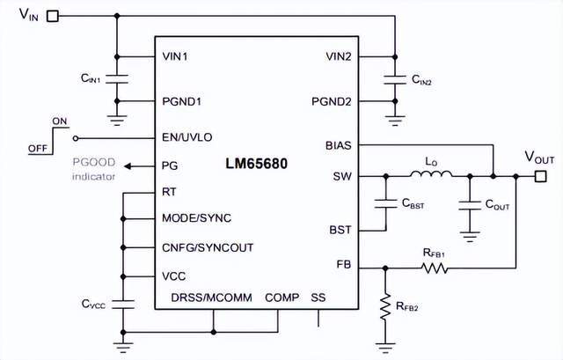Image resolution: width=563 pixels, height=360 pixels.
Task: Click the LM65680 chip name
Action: (x=256, y=164)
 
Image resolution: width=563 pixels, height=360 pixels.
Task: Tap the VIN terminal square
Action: (x=53, y=16)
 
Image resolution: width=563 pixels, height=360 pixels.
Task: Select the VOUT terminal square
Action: (x=541, y=176)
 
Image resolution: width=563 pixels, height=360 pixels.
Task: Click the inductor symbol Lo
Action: (x=431, y=174)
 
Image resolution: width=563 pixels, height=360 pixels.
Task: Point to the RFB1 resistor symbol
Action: (x=435, y=268)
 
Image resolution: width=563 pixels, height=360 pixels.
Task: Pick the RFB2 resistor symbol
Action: (x=385, y=307)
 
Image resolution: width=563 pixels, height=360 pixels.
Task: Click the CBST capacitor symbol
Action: (x=385, y=203)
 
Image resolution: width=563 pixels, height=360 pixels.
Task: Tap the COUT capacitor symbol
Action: (x=469, y=205)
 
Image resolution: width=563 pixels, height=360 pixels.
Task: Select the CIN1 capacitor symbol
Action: (x=117, y=79)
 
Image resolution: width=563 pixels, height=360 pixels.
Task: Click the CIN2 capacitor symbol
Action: (x=395, y=80)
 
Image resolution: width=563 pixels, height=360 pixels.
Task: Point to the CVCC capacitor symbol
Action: (x=123, y=305)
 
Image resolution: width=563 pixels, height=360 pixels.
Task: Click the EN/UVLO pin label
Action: (x=187, y=137)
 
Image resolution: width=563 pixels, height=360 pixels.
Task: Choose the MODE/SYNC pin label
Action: (x=197, y=218)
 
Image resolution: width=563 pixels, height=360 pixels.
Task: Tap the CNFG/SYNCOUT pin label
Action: (x=208, y=247)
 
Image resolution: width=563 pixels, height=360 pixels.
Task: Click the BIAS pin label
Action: (x=339, y=145)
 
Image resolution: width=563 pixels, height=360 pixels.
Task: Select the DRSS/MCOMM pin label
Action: (x=211, y=298)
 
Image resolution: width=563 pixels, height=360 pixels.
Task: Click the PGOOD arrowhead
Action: (x=128, y=166)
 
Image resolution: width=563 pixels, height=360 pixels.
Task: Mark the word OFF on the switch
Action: (x=38, y=149)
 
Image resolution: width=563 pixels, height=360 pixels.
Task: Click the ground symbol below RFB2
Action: (x=385, y=348)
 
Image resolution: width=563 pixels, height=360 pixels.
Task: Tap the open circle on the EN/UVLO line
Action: (x=76, y=138)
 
